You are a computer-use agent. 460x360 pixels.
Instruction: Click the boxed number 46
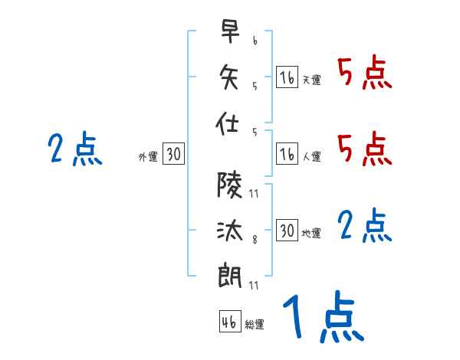coord(229,322)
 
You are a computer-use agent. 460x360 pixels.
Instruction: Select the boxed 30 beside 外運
coord(173,155)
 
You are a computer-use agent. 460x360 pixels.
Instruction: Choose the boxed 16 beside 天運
coord(287,77)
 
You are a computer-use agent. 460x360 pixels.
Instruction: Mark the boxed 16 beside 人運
coord(287,155)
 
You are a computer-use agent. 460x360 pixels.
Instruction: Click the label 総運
coord(255,325)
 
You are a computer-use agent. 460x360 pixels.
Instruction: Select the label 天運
coord(311,80)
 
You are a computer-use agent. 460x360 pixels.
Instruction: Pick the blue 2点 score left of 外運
coord(74,149)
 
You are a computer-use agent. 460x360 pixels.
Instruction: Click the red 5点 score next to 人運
coord(364,149)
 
